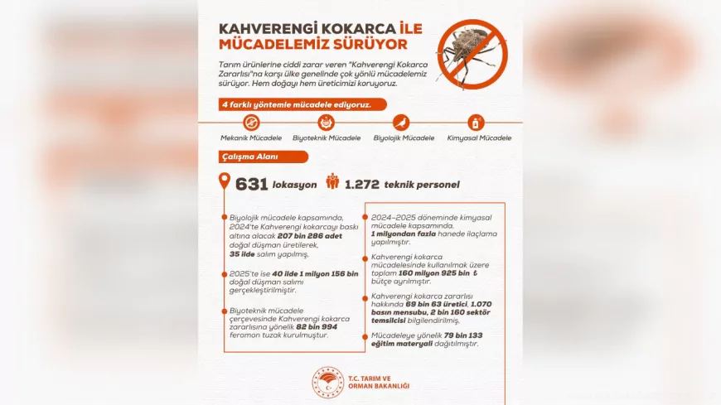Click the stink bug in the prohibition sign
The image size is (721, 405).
(x=471, y=54)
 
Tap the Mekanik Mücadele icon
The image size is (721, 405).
(x=251, y=123)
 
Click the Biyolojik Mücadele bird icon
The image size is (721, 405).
(x=402, y=123)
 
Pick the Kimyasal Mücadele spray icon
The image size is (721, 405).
(x=477, y=123)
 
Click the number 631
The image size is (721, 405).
(x=251, y=184)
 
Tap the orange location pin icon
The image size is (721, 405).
(x=224, y=181)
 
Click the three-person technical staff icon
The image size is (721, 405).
(x=332, y=181)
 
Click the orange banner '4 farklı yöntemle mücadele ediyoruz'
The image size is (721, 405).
(x=295, y=104)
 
